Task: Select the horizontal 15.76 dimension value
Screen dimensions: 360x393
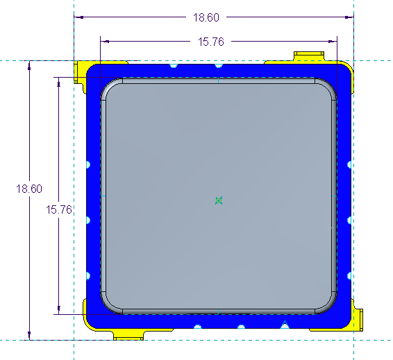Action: point(211,42)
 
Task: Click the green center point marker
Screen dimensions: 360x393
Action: point(219,200)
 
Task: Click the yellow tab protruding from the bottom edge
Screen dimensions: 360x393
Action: point(128,335)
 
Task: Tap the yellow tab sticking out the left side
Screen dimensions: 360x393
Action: point(80,71)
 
